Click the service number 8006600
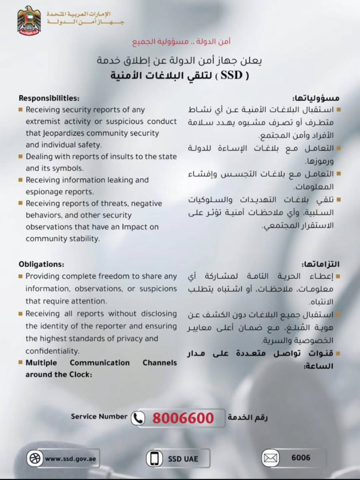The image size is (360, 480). point(183,418)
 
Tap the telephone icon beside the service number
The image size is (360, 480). point(139,418)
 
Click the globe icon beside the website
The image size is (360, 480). point(35,458)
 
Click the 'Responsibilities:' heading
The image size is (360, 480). point(49,98)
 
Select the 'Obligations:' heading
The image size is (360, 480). point(41,264)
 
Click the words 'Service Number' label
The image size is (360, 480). point(99,416)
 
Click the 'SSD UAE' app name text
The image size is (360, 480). point(183,459)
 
